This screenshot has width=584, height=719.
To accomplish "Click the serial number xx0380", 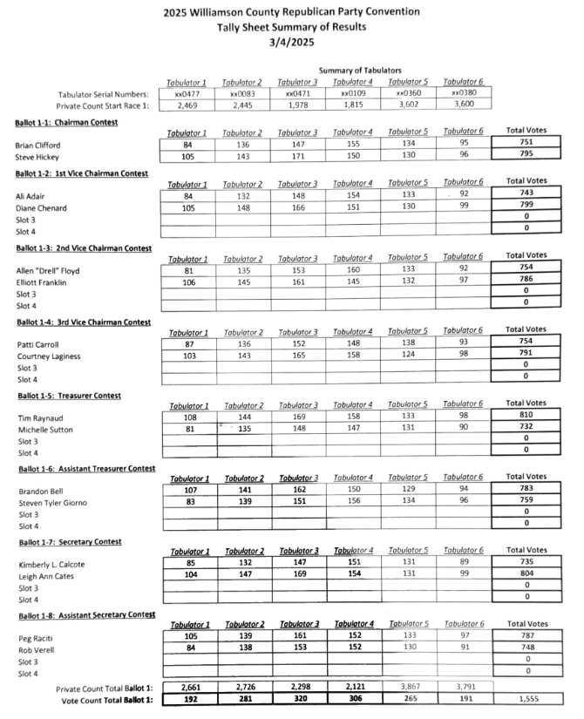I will coord(462,92).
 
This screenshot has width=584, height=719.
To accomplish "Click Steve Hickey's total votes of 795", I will coord(526,156).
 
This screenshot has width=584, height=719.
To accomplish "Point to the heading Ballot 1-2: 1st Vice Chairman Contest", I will coord(84,173).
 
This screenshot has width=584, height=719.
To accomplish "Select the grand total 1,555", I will coord(526,699).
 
